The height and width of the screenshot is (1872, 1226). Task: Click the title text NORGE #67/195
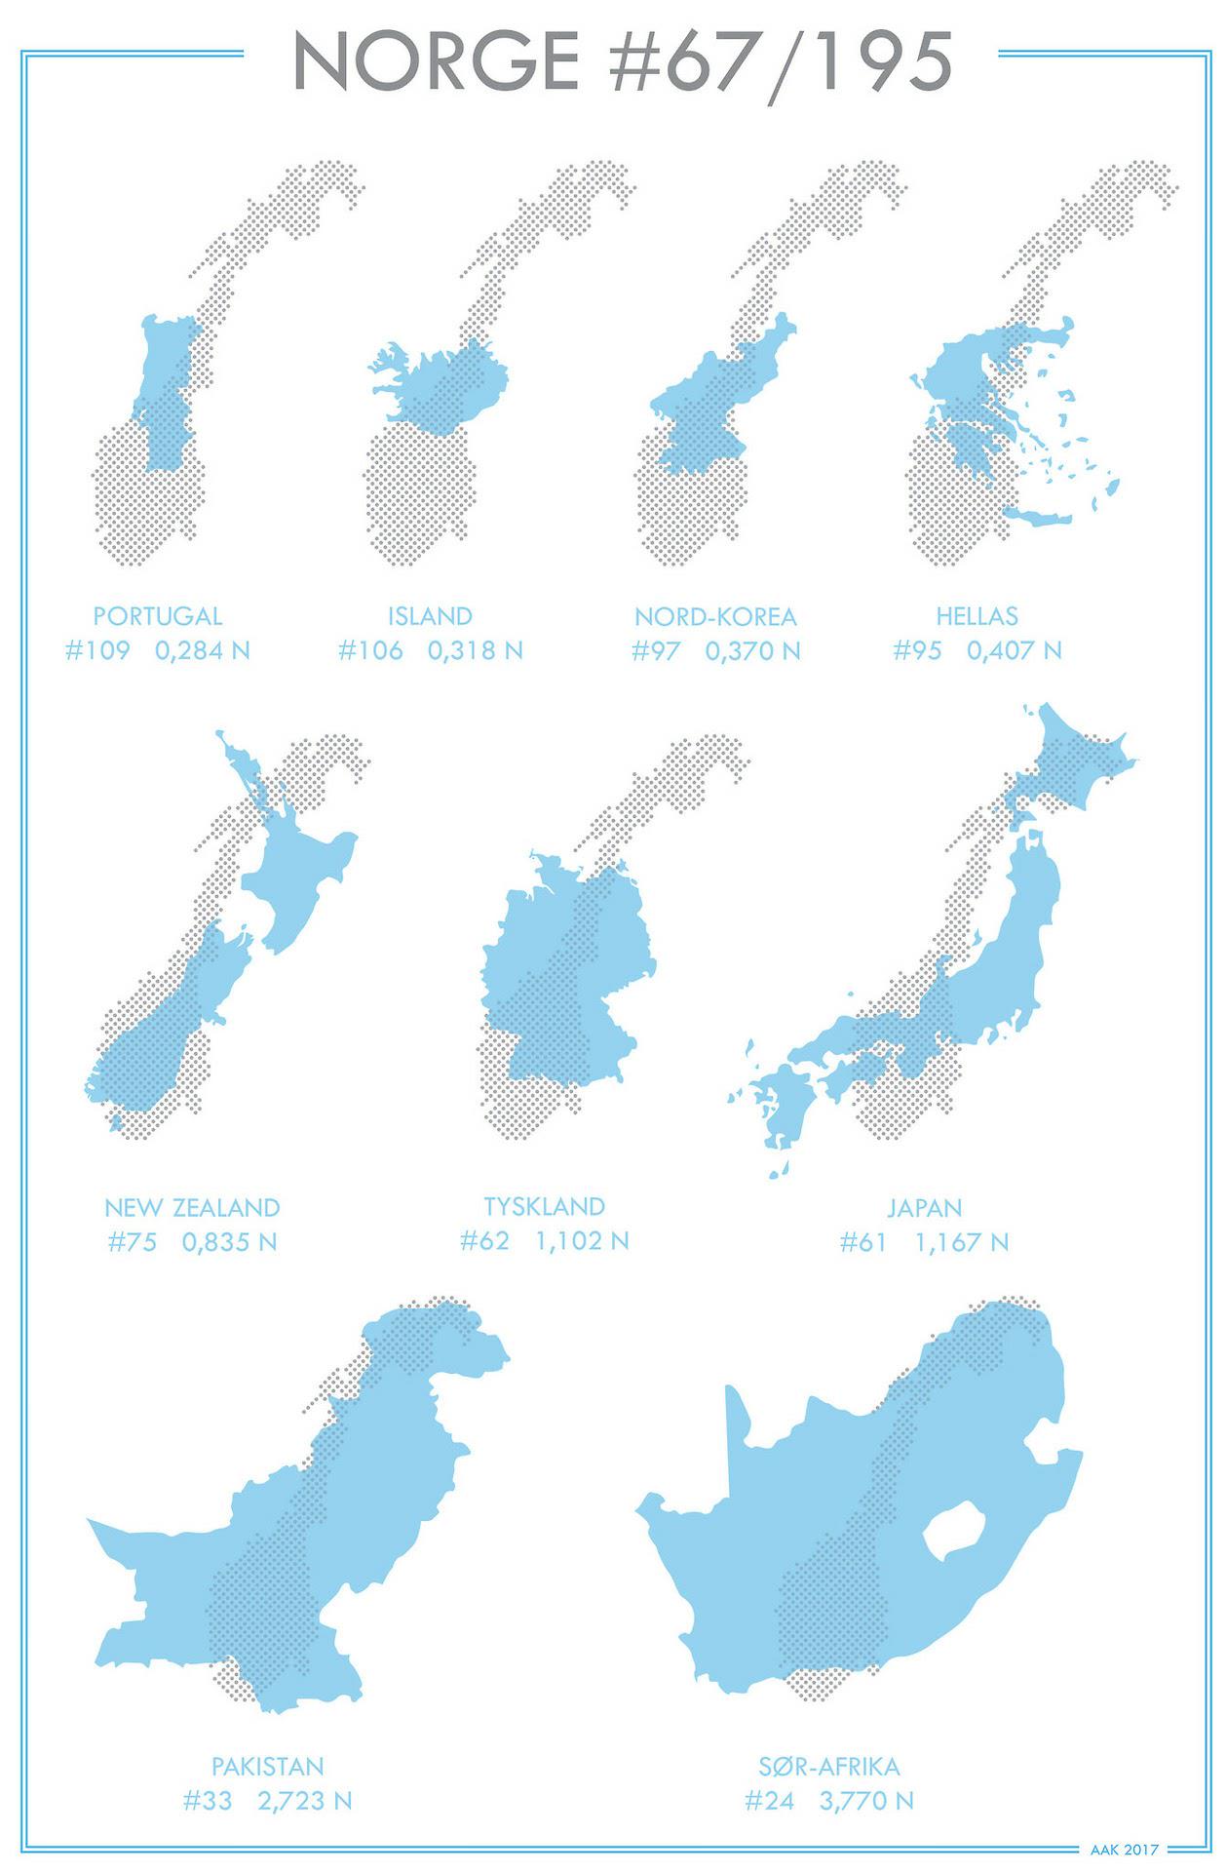[622, 60]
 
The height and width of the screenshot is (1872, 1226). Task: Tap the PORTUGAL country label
[158, 616]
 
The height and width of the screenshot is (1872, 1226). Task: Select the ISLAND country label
[430, 616]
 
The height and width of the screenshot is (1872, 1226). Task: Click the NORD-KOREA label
[715, 616]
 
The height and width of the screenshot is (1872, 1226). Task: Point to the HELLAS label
[977, 616]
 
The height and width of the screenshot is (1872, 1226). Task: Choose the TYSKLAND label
[545, 1206]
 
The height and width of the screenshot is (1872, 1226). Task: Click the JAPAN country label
[924, 1208]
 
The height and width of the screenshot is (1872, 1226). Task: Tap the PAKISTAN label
[268, 1766]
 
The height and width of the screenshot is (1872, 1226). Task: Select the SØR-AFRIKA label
[829, 1766]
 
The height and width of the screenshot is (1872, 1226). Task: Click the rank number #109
[97, 650]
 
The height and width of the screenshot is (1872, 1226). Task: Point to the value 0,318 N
[475, 650]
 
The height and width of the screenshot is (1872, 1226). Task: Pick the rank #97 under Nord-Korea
[655, 650]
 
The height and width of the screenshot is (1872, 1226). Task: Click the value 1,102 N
[582, 1241]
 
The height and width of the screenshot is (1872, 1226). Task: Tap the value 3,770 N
[866, 1800]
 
